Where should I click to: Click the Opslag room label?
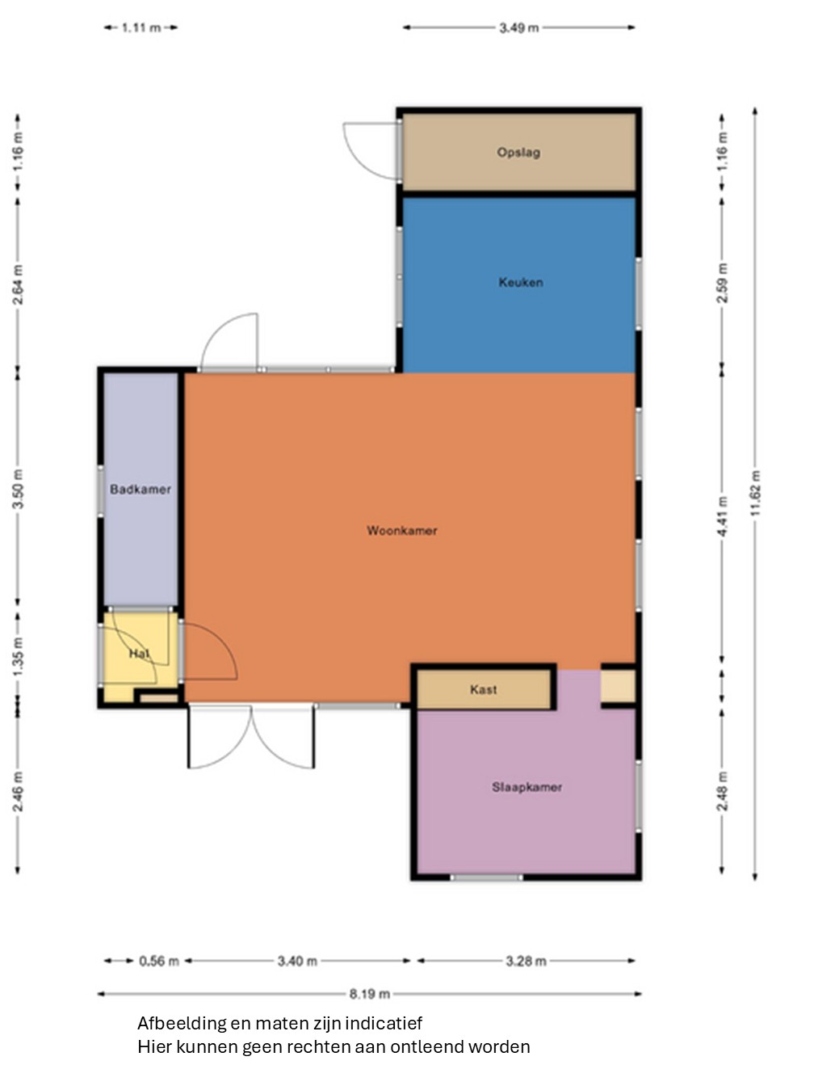tap(518, 153)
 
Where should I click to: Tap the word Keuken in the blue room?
tap(520, 283)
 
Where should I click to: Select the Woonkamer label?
tap(402, 530)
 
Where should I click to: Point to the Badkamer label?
tap(141, 490)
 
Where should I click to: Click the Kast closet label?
tap(484, 689)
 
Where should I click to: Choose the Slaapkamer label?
tap(527, 787)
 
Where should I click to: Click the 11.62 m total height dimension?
tap(755, 493)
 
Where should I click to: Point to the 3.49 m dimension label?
tap(519, 27)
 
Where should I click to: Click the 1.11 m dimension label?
tap(141, 27)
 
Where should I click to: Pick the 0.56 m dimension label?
tap(158, 961)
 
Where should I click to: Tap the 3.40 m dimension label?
tap(297, 961)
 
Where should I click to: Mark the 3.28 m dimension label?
tap(526, 961)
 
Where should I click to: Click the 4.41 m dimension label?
tap(722, 516)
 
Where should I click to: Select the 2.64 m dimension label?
tap(18, 285)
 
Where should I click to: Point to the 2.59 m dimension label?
tap(722, 283)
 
